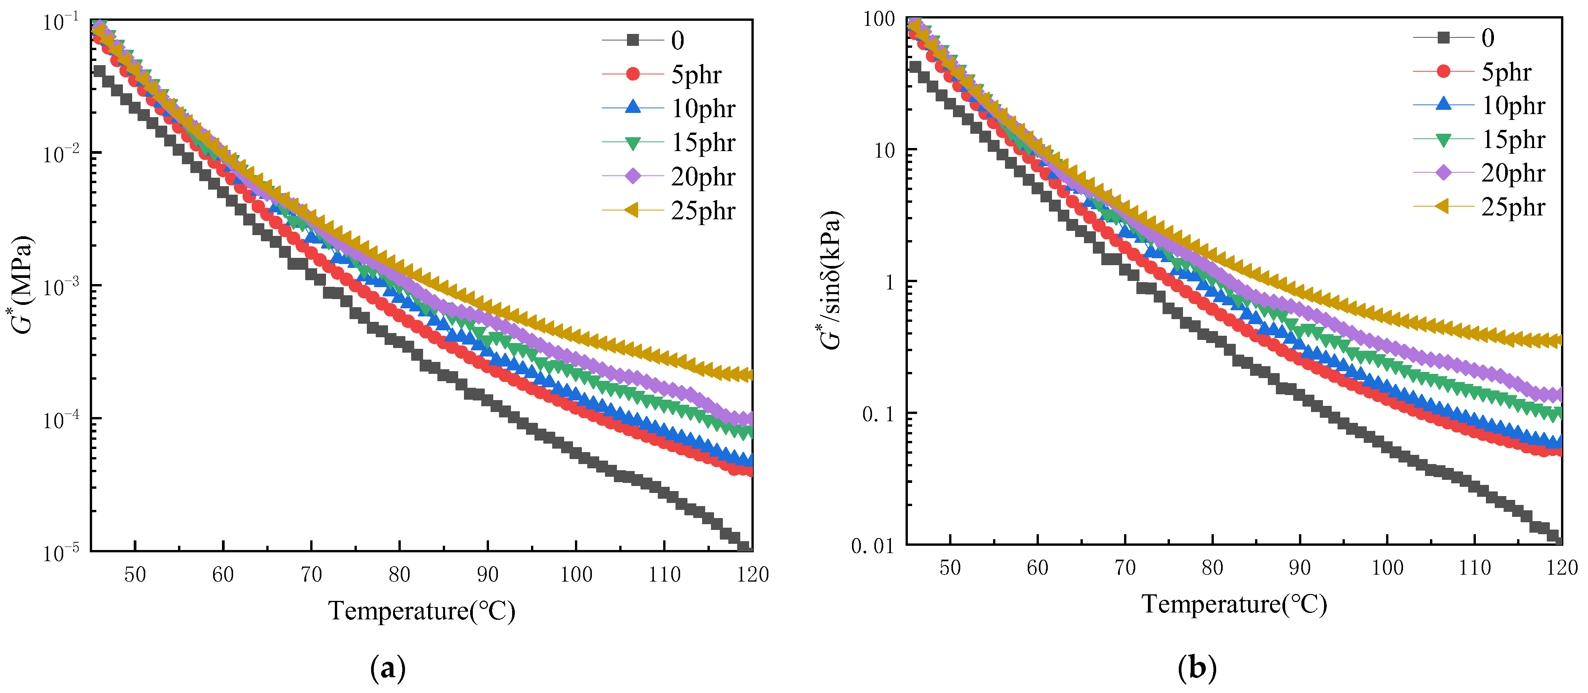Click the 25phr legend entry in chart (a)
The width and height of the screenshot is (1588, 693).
[x=703, y=211]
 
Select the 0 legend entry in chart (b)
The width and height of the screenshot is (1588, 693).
[x=1487, y=38]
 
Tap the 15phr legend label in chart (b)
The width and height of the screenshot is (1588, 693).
[x=1513, y=140]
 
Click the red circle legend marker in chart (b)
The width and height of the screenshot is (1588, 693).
[x=1443, y=72]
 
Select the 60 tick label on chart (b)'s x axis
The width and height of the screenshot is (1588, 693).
[x=1037, y=567]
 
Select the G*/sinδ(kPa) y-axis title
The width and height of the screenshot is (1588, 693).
[x=831, y=281]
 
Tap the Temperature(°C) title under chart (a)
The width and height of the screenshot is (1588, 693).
[x=422, y=611]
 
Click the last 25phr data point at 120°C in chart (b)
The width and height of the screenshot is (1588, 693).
[x=1557, y=340]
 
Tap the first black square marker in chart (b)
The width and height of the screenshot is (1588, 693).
[x=915, y=67]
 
